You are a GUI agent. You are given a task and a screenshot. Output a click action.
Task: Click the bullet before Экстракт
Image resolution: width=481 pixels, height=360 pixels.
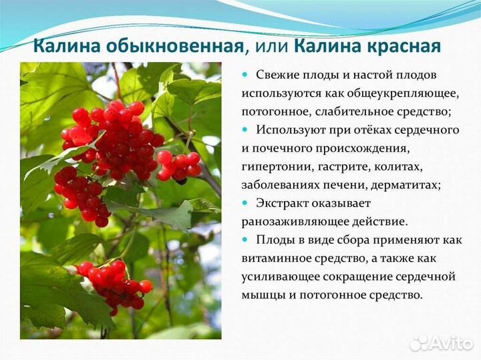point(245,202)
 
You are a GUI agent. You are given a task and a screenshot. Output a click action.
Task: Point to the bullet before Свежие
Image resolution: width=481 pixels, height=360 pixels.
point(245,75)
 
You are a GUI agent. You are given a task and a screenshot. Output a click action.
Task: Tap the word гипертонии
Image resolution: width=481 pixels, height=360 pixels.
point(275,166)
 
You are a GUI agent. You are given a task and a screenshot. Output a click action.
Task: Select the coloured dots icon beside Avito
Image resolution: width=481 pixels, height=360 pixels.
point(419,343)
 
